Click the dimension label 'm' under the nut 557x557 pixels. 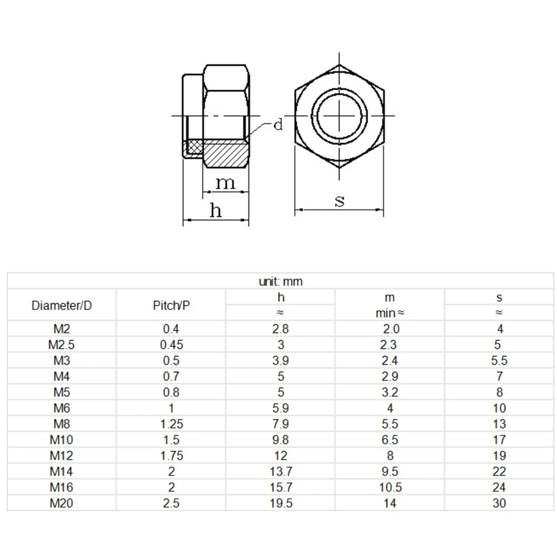pos(226,182)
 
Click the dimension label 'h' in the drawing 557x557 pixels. pos(216,211)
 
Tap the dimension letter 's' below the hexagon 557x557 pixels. pos(340,201)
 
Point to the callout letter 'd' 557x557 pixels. pos(277,125)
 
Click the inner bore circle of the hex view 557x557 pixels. pos(340,115)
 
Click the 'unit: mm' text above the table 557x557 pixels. pos(281,281)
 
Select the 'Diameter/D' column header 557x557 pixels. pos(61,305)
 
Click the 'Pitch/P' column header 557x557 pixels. pos(171,305)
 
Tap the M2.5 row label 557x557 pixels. pos(61,345)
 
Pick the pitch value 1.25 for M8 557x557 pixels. pos(171,424)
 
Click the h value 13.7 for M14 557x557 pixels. pos(281,471)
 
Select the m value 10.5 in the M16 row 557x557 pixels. pos(390,487)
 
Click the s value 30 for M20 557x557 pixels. pos(499,503)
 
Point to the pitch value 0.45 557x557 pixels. pos(171,345)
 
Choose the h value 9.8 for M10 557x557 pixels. pos(281,440)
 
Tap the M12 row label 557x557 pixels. pos(61,456)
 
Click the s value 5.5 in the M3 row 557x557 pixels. pos(499,360)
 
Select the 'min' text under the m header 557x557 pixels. pos(384,313)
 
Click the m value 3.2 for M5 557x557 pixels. pos(390,392)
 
